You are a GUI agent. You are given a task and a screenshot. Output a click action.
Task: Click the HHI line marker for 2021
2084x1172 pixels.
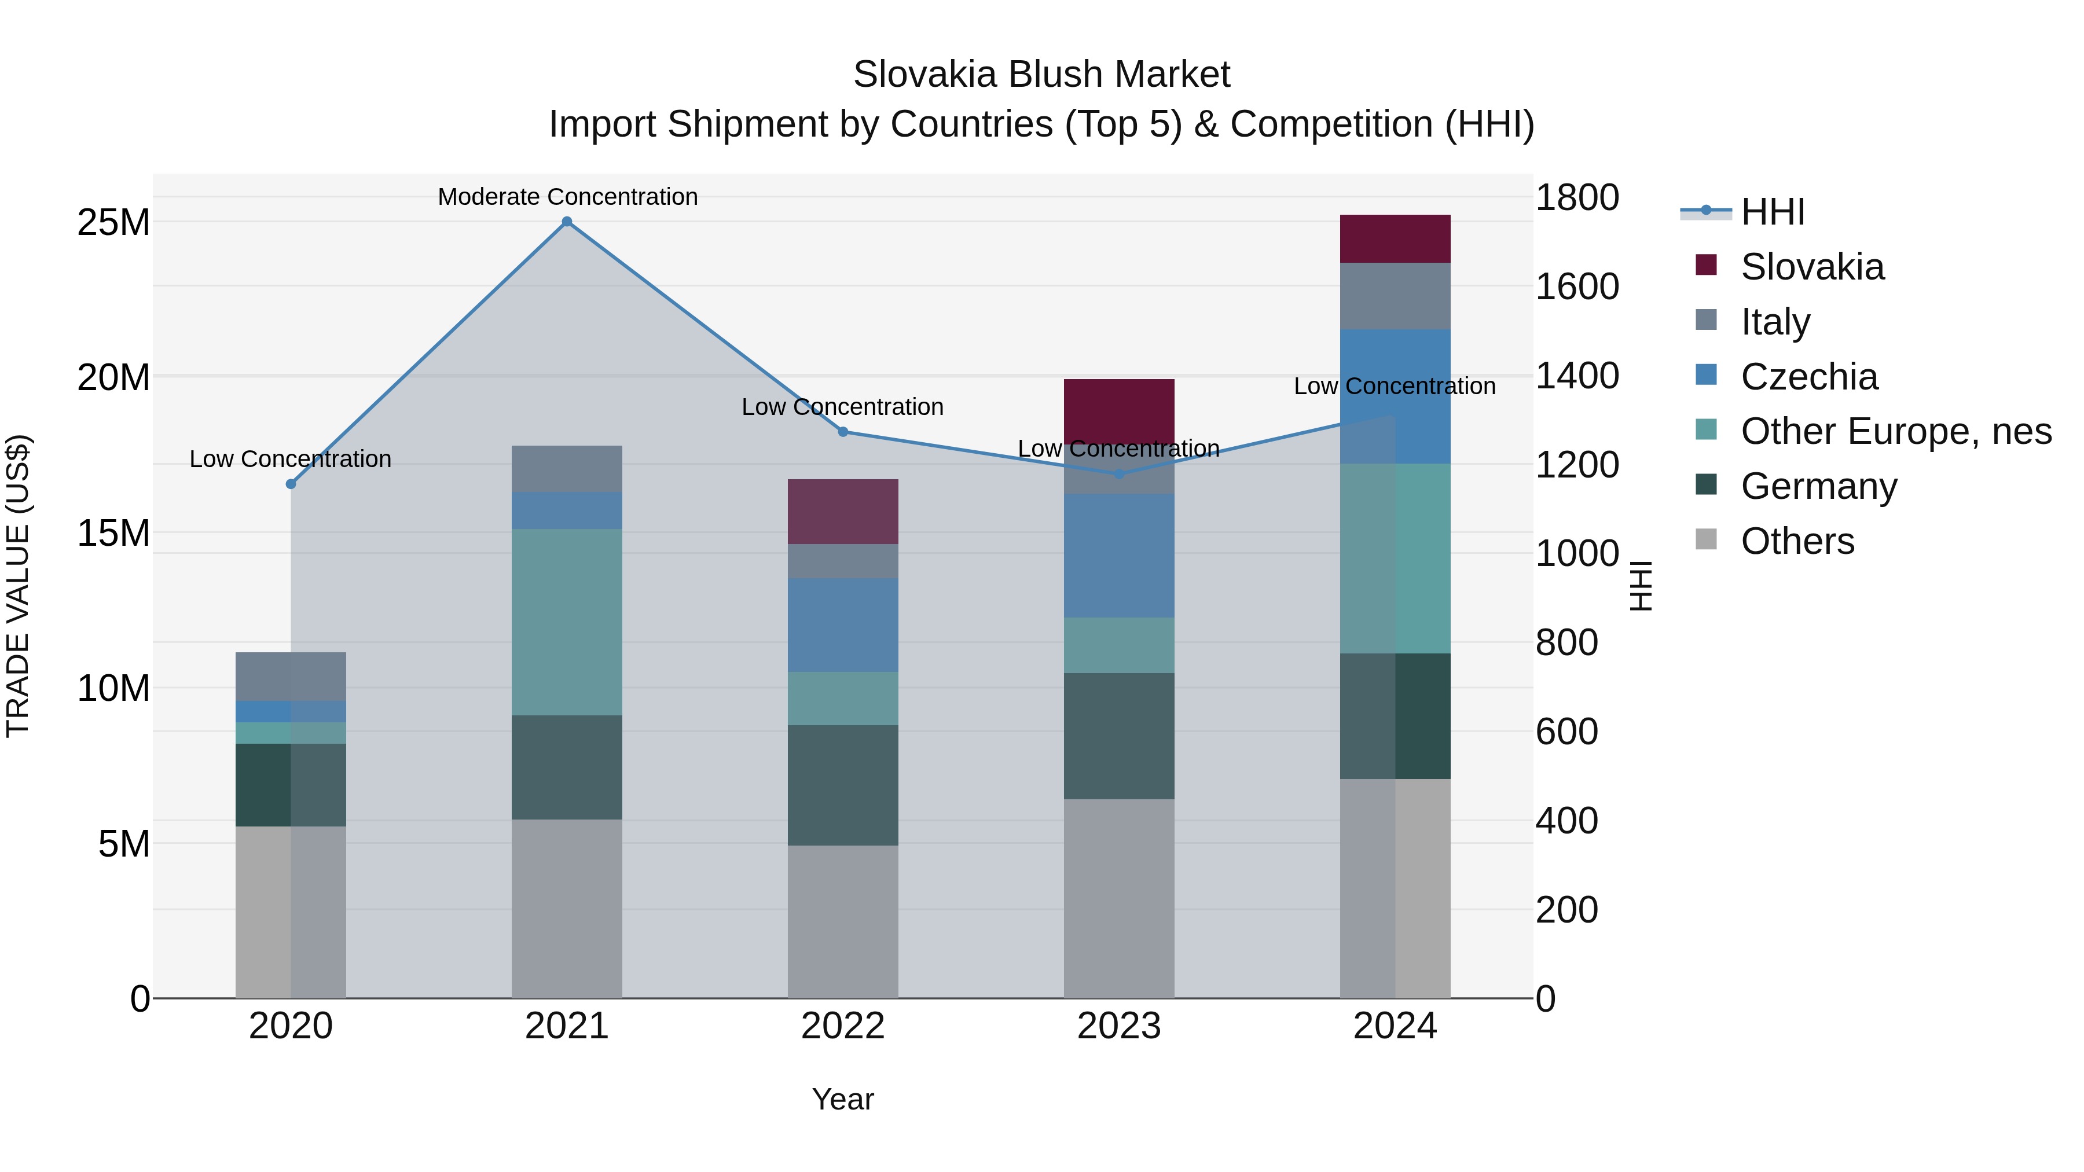[x=567, y=222]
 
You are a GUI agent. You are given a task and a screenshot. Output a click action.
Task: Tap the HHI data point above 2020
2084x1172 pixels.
[x=291, y=484]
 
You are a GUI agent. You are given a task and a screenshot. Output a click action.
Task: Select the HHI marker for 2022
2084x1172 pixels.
[x=843, y=432]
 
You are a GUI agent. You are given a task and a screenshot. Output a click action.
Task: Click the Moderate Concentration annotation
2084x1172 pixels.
[x=567, y=197]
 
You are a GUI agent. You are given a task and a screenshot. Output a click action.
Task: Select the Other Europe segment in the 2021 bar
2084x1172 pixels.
[x=567, y=622]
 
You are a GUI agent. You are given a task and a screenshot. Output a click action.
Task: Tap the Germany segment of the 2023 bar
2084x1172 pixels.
[x=1119, y=736]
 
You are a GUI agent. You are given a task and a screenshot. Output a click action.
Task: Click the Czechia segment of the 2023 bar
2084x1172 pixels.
[x=1119, y=556]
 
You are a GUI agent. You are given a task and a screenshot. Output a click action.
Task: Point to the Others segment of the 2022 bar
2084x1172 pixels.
[x=843, y=921]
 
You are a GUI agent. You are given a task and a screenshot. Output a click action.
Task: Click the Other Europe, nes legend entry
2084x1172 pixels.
[x=1895, y=431]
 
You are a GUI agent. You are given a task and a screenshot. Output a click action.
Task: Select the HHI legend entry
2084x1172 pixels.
[x=1772, y=212]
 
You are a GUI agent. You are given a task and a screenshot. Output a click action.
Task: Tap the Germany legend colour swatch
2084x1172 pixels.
[x=1705, y=486]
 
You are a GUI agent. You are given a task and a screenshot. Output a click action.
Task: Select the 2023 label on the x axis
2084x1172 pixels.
[x=1119, y=1026]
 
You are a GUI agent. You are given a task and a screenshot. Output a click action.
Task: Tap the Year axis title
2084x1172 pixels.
[x=843, y=1099]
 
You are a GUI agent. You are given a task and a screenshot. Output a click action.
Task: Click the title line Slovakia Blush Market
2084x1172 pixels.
[x=1041, y=75]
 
